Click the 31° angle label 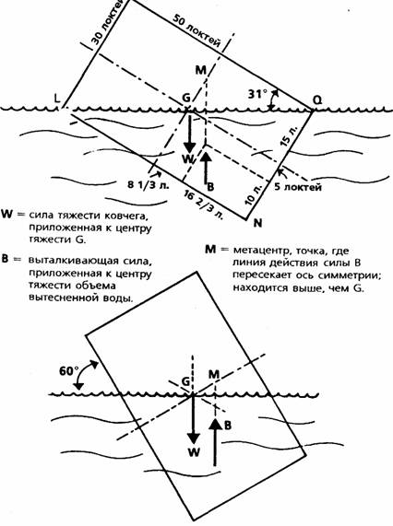[x=257, y=94]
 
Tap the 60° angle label [x=68, y=371]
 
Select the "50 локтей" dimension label [x=196, y=31]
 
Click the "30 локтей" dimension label [x=105, y=23]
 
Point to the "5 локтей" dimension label [x=298, y=186]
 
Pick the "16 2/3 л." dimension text [x=204, y=205]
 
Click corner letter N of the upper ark [x=257, y=223]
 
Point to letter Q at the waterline [x=316, y=99]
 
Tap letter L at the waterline [x=57, y=98]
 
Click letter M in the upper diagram [x=200, y=70]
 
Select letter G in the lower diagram [x=185, y=381]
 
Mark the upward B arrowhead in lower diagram [x=215, y=425]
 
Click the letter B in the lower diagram [x=227, y=426]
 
